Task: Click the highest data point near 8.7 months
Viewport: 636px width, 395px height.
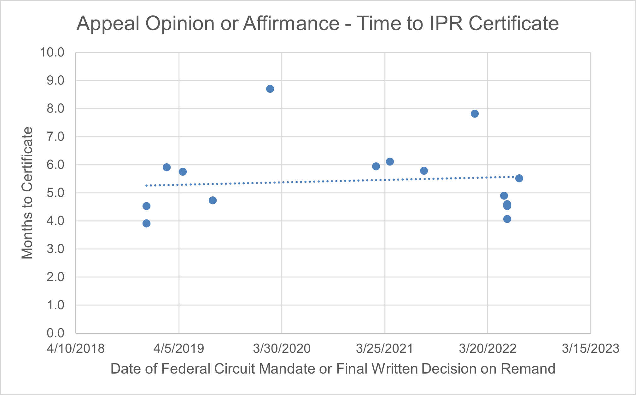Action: pos(270,89)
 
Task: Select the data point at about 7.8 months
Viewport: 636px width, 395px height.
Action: pos(475,114)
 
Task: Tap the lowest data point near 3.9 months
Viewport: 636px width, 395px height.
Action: pos(146,224)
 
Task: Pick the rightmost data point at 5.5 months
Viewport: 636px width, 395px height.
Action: pos(519,178)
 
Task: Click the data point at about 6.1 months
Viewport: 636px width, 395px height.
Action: pos(390,162)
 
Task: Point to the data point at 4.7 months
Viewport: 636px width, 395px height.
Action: pos(213,200)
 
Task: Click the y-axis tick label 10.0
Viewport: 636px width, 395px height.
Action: pos(52,53)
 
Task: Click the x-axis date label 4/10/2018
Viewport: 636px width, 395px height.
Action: pos(76,349)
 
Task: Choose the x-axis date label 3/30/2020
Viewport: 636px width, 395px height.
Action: pos(282,349)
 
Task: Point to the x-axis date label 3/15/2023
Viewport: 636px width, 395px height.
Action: pos(590,349)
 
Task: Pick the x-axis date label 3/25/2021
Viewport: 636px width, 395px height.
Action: pos(384,349)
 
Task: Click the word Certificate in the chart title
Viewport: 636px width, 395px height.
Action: pos(514,24)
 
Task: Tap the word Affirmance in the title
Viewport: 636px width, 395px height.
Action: pos(291,24)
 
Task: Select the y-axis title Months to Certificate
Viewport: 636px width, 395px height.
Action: pos(27,193)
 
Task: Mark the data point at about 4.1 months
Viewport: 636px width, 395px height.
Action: pos(507,219)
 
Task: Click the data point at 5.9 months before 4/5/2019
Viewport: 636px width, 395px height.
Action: pos(167,167)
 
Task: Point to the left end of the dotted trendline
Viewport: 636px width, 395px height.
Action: pos(146,186)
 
